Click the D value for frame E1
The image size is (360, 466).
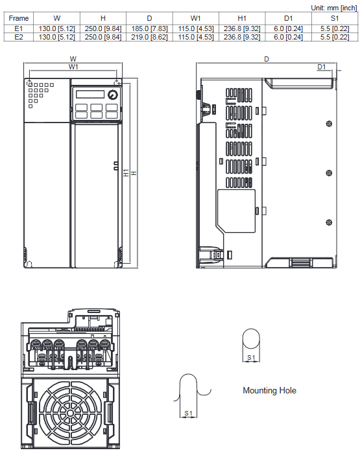pos(149,29)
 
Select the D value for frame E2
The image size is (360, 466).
pos(149,37)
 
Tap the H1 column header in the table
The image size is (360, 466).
pos(242,18)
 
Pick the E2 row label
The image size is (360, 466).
pos(18,37)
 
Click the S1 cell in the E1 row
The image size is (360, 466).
pos(335,29)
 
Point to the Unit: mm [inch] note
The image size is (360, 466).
pos(334,8)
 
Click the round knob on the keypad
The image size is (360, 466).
pos(113,95)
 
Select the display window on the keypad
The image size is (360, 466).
pos(90,94)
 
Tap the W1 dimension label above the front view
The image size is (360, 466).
pos(73,67)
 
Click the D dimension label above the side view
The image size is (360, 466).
pos(267,59)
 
